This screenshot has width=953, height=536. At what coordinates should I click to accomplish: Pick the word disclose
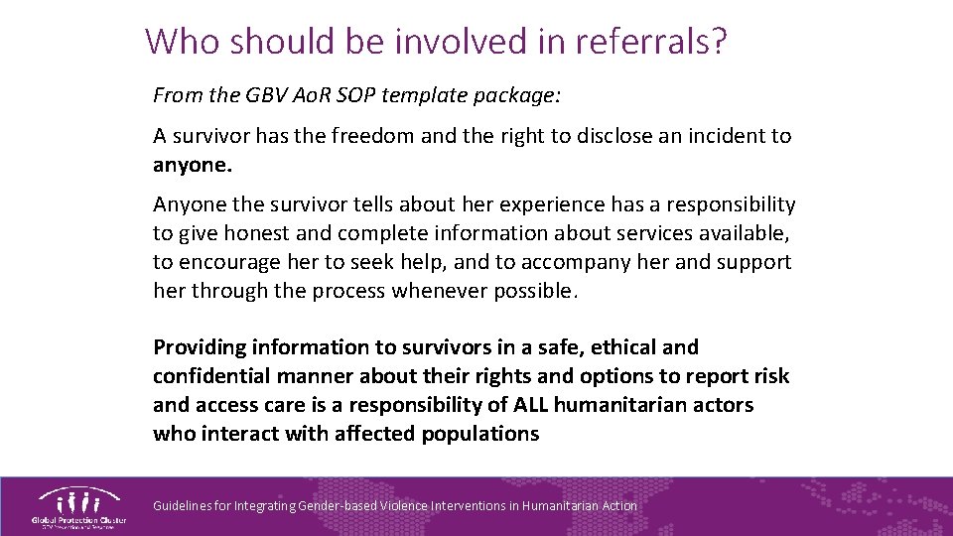coord(595,135)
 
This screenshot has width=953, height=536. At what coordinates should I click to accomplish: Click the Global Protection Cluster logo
coord(78,507)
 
